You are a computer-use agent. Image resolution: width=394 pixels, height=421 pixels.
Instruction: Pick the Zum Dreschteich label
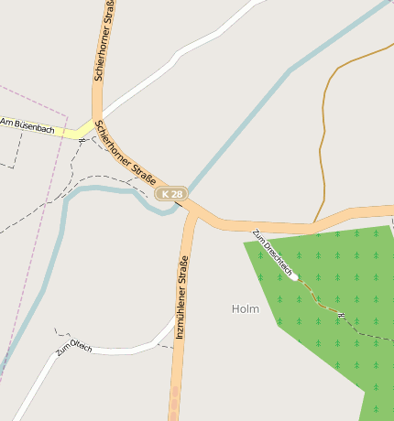click(x=273, y=253)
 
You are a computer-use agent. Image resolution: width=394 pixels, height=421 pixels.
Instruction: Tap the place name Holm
click(x=246, y=309)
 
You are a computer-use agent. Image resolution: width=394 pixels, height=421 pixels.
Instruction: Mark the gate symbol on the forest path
click(x=341, y=315)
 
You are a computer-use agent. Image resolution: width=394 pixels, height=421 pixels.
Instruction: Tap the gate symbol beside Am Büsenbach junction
click(x=82, y=141)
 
